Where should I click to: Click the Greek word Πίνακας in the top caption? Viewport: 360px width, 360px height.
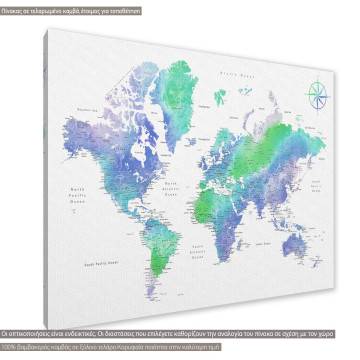[x=14, y=7]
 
